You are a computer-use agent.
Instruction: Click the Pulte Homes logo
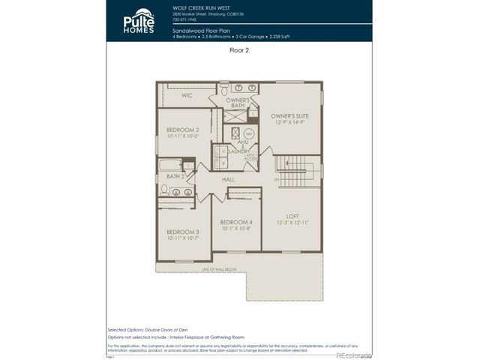click(139, 20)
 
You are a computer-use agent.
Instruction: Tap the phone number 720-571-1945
click(185, 20)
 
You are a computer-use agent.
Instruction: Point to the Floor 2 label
click(239, 51)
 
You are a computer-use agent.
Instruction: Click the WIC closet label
click(186, 96)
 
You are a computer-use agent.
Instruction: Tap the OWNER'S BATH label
click(238, 103)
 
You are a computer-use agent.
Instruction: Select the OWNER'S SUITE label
click(289, 116)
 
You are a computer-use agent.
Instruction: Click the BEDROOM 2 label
click(182, 130)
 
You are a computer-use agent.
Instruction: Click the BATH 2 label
click(176, 176)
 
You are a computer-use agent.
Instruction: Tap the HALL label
click(229, 180)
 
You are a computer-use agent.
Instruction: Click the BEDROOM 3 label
click(182, 232)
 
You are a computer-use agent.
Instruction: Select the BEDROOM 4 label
click(235, 223)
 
